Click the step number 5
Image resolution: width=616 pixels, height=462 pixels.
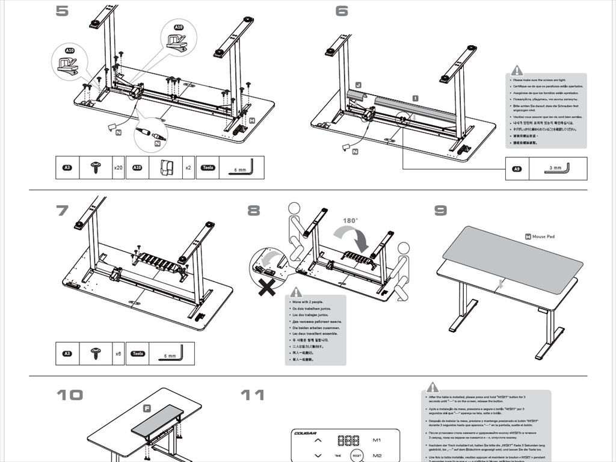[x=62, y=11]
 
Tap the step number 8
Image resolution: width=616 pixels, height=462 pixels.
[x=254, y=211]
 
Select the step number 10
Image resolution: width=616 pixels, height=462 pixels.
[x=70, y=395]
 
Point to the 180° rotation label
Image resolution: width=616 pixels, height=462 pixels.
[x=351, y=221]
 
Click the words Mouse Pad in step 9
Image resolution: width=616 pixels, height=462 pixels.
[x=543, y=237]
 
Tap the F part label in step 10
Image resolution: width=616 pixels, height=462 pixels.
[x=147, y=408]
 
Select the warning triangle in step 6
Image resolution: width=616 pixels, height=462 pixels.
[x=517, y=70]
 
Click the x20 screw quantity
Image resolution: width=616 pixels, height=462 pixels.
[x=118, y=168]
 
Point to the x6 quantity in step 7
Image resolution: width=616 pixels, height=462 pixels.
[x=119, y=354]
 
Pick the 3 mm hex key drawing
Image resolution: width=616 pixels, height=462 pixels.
[x=557, y=168]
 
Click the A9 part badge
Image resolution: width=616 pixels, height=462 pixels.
[x=516, y=169]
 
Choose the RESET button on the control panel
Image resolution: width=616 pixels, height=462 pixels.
[x=357, y=456]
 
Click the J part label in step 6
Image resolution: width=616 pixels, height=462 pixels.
[x=358, y=86]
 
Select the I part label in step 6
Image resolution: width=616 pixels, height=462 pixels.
[x=416, y=97]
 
